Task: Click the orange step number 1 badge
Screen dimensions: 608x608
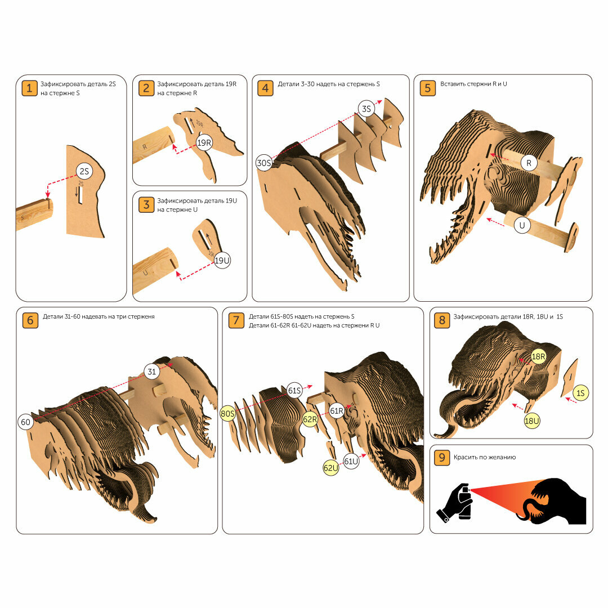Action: [x=29, y=88]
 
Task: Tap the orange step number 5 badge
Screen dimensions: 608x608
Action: [x=428, y=88]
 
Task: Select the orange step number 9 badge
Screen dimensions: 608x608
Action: [x=442, y=458]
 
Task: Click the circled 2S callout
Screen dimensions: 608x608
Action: [x=84, y=171]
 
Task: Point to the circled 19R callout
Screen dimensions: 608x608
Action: [x=204, y=142]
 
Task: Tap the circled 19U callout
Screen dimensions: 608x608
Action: [x=222, y=261]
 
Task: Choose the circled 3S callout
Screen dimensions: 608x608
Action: [x=366, y=109]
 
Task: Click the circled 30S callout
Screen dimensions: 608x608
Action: [x=264, y=163]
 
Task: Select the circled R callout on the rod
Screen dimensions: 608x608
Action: [x=529, y=163]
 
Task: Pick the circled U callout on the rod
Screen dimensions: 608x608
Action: [x=522, y=226]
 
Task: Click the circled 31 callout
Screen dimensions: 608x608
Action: [x=152, y=372]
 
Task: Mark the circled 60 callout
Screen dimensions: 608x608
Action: [x=25, y=422]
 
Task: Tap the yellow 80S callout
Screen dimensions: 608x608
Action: [x=227, y=414]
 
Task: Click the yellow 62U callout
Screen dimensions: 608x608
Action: [x=331, y=468]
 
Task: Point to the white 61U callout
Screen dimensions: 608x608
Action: [x=351, y=462]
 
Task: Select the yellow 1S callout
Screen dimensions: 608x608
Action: [x=580, y=393]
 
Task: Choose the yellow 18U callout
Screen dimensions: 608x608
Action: [x=532, y=421]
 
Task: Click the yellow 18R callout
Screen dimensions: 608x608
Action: [x=539, y=357]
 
